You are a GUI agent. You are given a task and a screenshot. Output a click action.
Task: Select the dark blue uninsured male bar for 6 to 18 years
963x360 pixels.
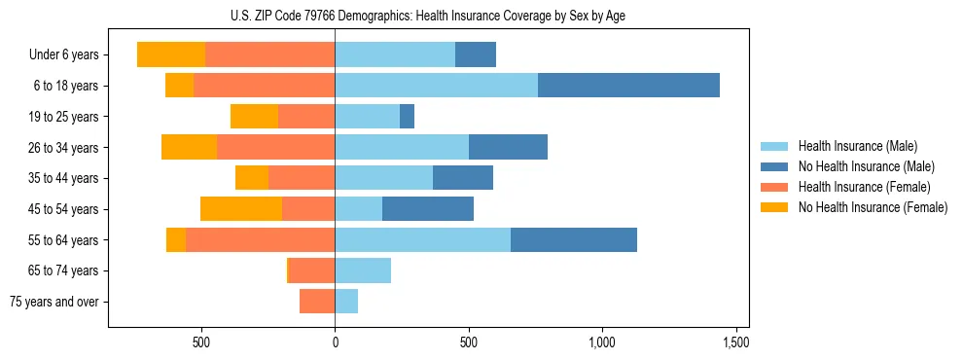click(x=628, y=86)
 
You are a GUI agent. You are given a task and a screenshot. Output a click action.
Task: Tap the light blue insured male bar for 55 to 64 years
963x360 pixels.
click(x=422, y=240)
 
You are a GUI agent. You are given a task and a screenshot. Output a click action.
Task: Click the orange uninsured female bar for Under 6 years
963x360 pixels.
click(x=171, y=54)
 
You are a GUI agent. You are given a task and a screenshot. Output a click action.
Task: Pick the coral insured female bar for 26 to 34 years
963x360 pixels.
click(x=275, y=148)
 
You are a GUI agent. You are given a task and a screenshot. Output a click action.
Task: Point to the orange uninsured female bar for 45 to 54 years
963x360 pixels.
click(x=241, y=209)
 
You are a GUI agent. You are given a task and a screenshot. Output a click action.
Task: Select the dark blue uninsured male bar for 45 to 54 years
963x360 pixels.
click(x=428, y=209)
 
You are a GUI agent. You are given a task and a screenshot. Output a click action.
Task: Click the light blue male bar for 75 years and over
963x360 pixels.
click(x=346, y=302)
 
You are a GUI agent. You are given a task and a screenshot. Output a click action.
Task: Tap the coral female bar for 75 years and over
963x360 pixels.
click(x=317, y=302)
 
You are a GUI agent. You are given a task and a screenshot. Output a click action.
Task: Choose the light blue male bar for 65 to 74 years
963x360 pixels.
click(x=363, y=270)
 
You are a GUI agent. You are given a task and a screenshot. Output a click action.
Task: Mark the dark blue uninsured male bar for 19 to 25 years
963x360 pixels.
click(x=407, y=117)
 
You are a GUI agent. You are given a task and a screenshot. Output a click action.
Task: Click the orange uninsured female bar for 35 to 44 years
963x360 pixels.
click(x=252, y=178)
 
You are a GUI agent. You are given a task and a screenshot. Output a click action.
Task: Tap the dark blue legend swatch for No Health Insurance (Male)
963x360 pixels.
click(x=774, y=166)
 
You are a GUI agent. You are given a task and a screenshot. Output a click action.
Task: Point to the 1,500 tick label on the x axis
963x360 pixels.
click(x=735, y=342)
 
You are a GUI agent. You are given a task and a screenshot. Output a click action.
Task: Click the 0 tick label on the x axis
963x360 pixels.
click(x=335, y=342)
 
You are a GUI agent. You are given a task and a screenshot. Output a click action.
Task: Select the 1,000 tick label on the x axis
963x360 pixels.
click(x=602, y=342)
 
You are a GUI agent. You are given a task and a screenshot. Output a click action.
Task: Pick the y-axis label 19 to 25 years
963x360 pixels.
click(x=64, y=117)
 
